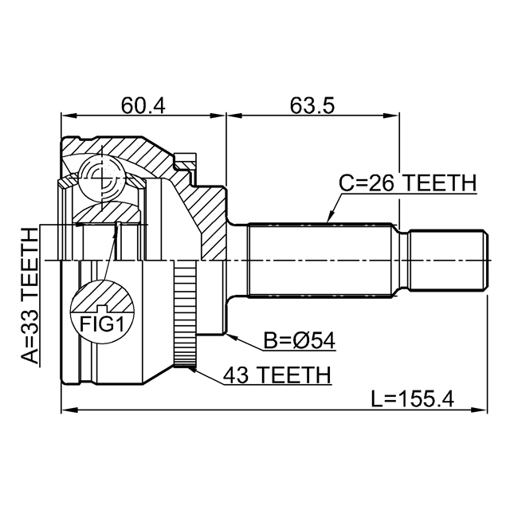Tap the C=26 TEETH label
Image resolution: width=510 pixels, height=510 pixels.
pos(407,182)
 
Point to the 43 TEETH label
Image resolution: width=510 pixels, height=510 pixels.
pos(277,374)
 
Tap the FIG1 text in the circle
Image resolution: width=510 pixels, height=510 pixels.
pos(102,323)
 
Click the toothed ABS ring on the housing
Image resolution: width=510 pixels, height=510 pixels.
pos(186,320)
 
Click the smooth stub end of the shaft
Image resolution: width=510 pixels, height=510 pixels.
pos(447,260)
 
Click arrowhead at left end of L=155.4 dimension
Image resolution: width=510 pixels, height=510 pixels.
pos(66,410)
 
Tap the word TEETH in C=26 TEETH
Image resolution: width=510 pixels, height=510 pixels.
pos(437,182)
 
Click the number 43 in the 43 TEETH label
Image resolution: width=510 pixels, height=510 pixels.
pos(237,374)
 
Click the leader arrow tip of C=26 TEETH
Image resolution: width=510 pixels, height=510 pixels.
pos(328,220)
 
